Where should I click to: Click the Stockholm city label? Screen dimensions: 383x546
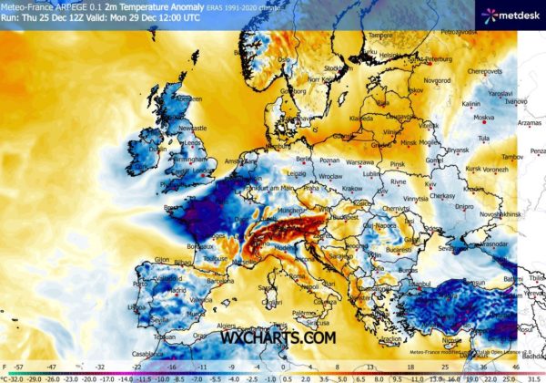(336, 67)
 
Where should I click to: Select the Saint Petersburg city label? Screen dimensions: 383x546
(434, 60)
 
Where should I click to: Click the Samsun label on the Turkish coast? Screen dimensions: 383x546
(491, 272)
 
